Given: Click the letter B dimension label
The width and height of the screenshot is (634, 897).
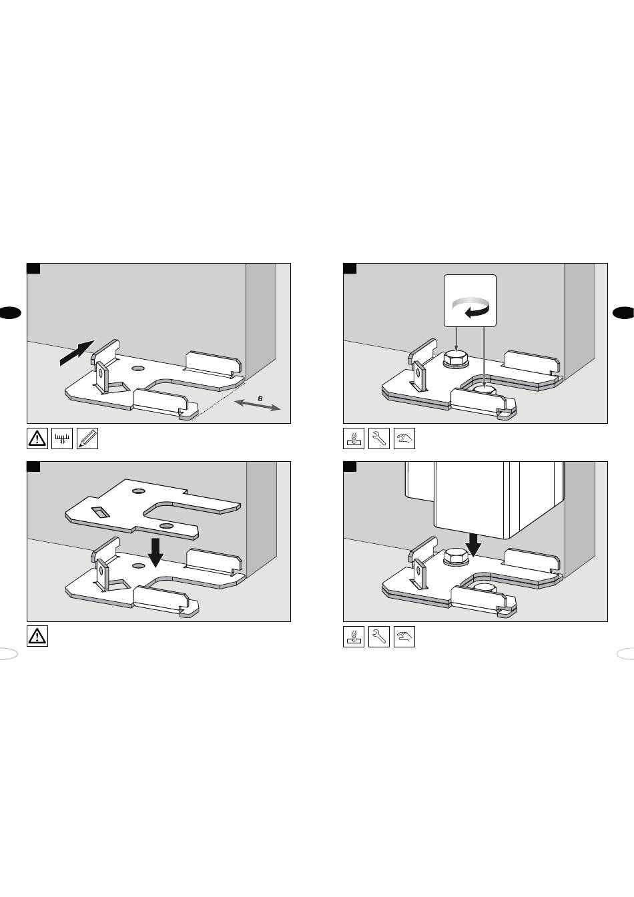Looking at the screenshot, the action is click(x=260, y=398).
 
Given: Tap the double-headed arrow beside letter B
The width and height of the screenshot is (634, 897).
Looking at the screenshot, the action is click(x=257, y=405).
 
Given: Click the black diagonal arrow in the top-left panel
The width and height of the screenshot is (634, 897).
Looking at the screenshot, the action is click(x=77, y=353).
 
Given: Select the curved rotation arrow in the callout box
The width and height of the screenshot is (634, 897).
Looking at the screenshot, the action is click(x=471, y=307).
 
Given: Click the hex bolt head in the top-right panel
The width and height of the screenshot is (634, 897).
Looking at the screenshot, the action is click(x=456, y=358).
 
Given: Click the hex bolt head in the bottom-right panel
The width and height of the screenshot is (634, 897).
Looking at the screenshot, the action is click(x=456, y=557).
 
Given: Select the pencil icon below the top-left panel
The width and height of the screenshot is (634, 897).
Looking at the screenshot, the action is click(x=87, y=438).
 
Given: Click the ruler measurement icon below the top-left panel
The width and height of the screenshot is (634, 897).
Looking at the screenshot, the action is click(x=62, y=438).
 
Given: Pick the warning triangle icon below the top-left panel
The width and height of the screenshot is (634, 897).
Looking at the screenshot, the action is click(x=37, y=438).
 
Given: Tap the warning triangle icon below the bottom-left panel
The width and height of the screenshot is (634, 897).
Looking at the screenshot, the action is click(x=37, y=636).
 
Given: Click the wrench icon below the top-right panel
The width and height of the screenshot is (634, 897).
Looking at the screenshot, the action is click(x=379, y=438).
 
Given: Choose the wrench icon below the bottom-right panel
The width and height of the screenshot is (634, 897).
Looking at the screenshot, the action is click(x=379, y=636).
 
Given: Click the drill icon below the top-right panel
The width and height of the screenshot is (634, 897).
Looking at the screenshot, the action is click(x=354, y=438).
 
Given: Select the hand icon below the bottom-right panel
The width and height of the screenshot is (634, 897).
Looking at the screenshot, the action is click(x=404, y=636).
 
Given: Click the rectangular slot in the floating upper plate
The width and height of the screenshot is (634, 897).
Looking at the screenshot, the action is click(x=100, y=513).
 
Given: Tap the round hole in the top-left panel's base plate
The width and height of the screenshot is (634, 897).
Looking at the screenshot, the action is click(x=139, y=368).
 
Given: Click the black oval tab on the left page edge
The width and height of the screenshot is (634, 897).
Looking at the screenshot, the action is click(x=9, y=312).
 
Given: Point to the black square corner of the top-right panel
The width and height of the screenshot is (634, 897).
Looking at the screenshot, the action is click(x=350, y=268).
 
